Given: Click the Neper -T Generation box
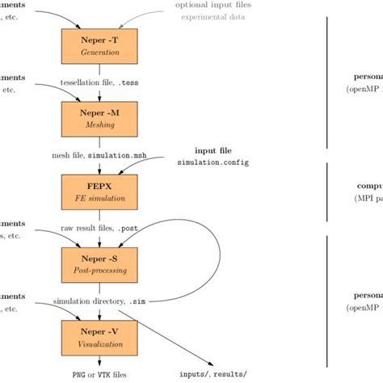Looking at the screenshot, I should coord(99,46).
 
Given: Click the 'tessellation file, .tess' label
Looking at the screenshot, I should coord(99,82).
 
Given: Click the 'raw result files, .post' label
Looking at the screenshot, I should coord(99,229).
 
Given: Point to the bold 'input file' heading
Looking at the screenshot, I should coord(214,150).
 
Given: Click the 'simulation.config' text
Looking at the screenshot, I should coord(214,162).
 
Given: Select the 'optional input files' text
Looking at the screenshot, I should coord(213,6).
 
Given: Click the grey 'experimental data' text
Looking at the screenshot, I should coord(214,17).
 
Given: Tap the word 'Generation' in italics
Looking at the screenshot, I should coord(99,53).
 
